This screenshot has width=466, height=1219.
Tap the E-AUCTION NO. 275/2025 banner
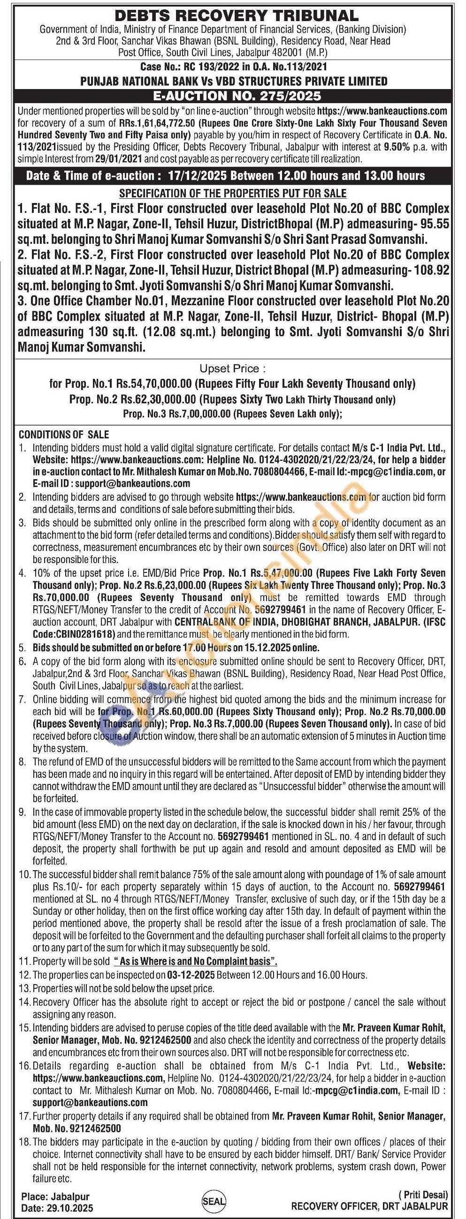[233, 96]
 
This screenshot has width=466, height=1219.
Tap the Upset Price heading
[232, 368]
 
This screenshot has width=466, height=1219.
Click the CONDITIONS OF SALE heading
[64, 435]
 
